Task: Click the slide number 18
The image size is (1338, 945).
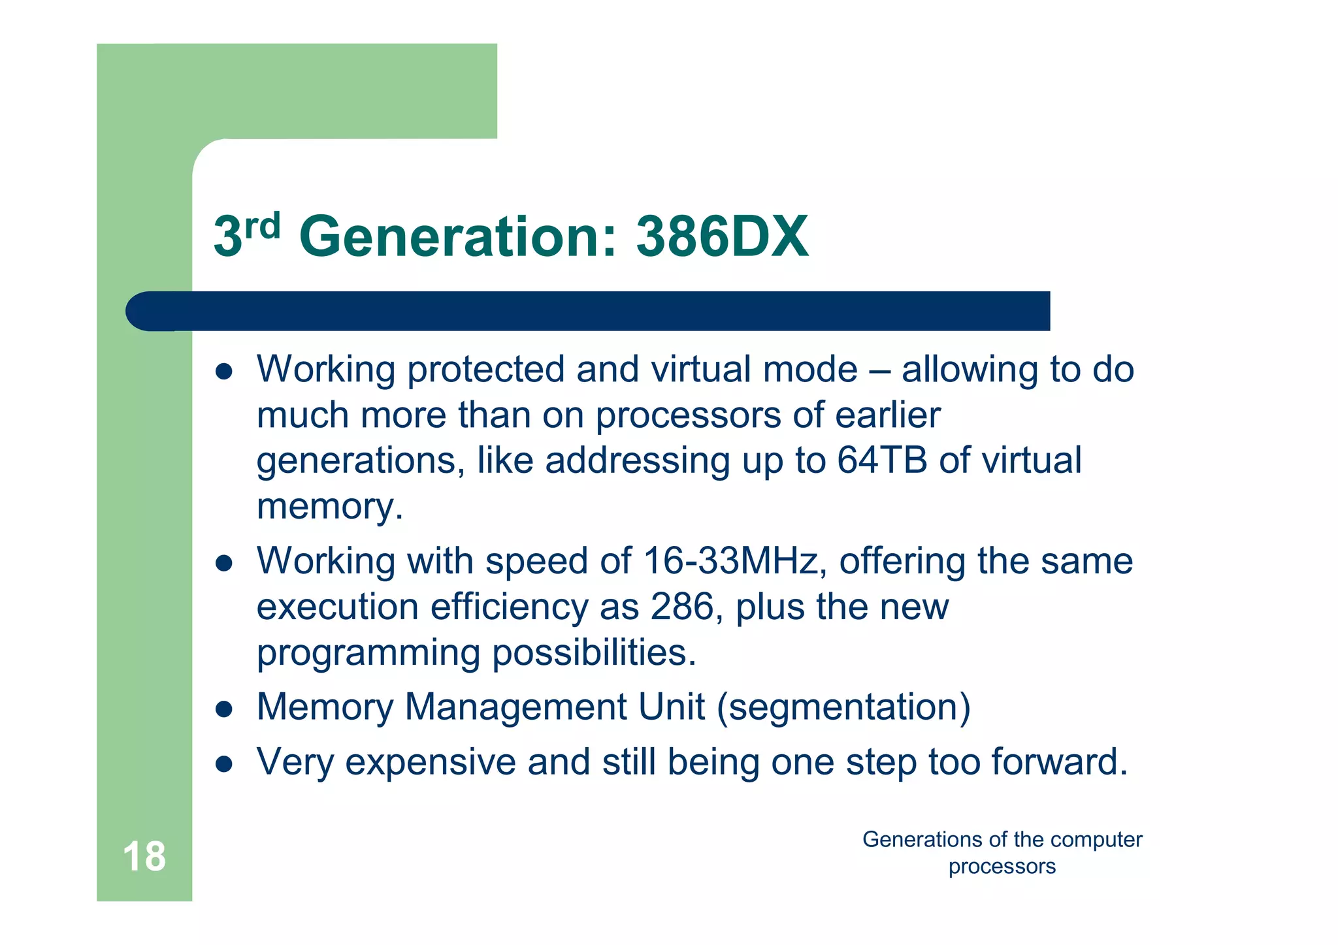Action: tap(144, 856)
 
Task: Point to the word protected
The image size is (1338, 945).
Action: tap(485, 370)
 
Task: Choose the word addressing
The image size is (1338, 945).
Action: tap(637, 460)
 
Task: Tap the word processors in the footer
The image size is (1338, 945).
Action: tap(1002, 867)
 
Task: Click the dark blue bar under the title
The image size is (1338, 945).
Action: tap(588, 311)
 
